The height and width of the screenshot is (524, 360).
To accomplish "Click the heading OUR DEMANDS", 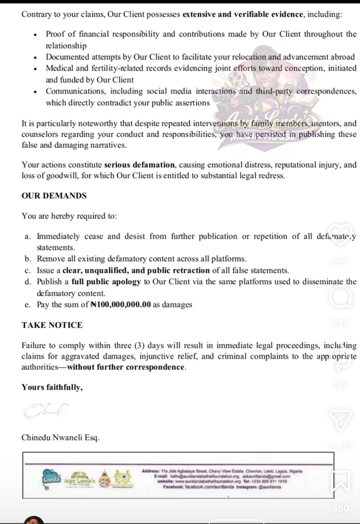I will (54, 196).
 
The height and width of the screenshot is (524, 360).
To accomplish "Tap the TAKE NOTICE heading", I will (52, 325).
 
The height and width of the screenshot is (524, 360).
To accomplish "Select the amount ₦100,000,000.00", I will (121, 305).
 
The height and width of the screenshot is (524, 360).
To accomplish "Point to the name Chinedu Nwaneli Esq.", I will (61, 438).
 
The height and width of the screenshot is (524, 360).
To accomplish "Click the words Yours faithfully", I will (52, 387).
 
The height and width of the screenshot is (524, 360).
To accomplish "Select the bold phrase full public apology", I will (106, 282).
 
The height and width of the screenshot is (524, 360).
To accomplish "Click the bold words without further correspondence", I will (126, 367).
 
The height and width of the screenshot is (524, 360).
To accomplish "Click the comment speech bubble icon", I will (340, 297).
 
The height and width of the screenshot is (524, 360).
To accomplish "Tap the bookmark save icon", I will (340, 481).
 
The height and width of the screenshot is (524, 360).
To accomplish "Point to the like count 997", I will (340, 262).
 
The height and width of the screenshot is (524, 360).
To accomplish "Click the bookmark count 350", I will (340, 508).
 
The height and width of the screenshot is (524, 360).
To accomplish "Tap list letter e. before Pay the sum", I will (28, 305).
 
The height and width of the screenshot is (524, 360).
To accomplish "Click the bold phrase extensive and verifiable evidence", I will (243, 14).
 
